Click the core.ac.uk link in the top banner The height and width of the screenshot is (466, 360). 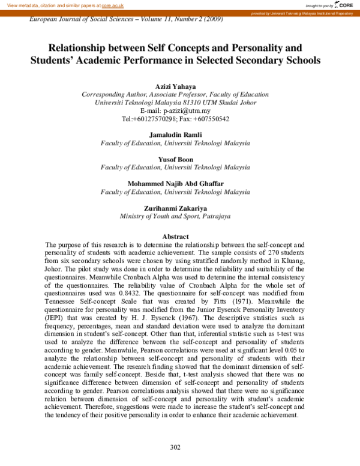pyautogui.click(x=112, y=5)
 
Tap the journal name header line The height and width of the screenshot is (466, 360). pyautogui.click(x=126, y=19)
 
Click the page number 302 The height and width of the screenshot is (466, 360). pyautogui.click(x=175, y=447)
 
